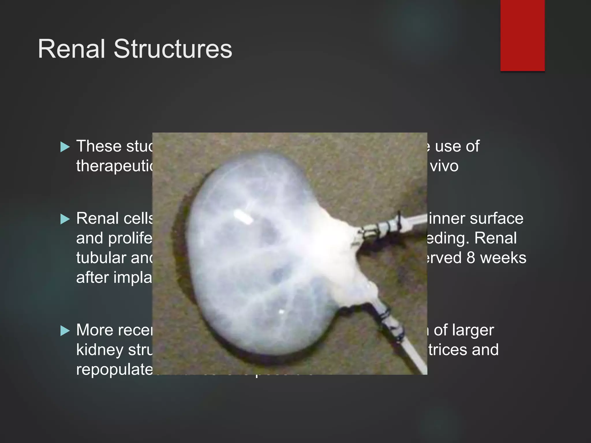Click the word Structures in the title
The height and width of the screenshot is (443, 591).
click(173, 49)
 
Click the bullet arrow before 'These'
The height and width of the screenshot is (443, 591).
click(65, 147)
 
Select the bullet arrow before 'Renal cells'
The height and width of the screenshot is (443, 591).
click(65, 219)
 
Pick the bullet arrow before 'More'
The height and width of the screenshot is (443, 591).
click(65, 331)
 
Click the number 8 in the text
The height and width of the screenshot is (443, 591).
click(471, 258)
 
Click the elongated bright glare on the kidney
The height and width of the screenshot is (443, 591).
click(243, 217)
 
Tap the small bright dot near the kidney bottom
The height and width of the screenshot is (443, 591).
click(281, 312)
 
